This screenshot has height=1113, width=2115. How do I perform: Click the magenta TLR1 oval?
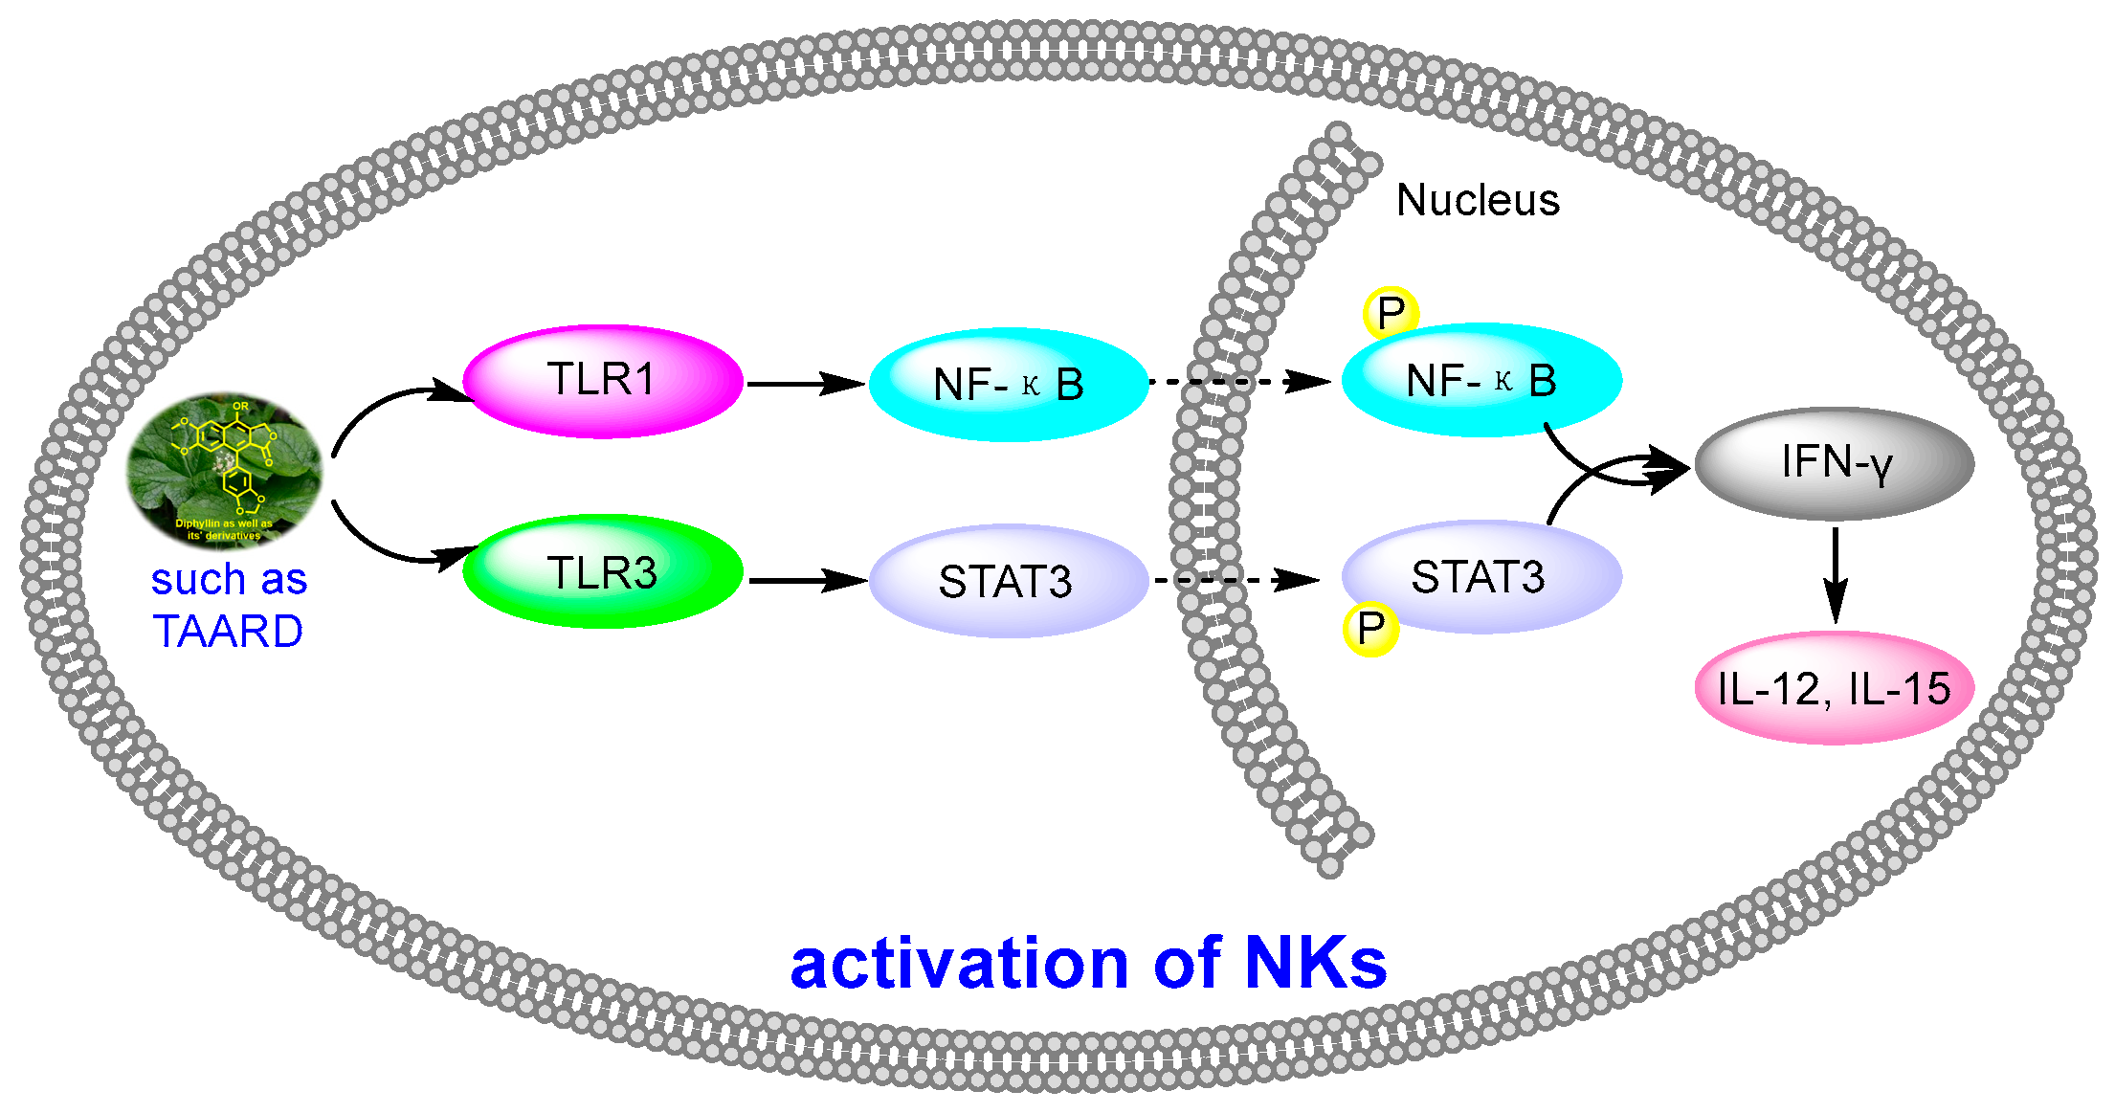click(x=603, y=381)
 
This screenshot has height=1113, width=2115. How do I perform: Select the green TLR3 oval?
click(x=603, y=572)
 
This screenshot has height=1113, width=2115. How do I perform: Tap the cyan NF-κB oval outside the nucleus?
click(x=1008, y=385)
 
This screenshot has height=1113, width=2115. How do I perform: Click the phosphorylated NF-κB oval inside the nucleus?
click(x=1481, y=381)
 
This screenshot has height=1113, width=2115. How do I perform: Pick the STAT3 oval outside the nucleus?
click(x=1008, y=581)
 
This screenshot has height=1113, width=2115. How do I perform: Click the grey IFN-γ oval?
click(x=1834, y=463)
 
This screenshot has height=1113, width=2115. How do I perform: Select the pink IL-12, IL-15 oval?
click(x=1834, y=688)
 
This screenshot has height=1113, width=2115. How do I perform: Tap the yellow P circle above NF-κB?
click(x=1390, y=313)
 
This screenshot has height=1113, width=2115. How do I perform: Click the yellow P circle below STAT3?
click(x=1370, y=629)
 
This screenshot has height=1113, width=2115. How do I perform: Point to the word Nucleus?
click(x=1478, y=201)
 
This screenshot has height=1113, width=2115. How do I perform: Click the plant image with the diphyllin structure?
click(x=225, y=469)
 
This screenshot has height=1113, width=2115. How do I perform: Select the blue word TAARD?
click(x=228, y=632)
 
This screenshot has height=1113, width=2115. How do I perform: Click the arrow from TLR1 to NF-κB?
click(x=804, y=384)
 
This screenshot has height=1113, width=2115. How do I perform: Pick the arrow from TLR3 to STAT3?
click(x=806, y=580)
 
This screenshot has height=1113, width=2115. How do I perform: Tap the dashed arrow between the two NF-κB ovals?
click(x=1239, y=382)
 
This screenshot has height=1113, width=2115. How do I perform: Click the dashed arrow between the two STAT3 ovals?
click(x=1236, y=580)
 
